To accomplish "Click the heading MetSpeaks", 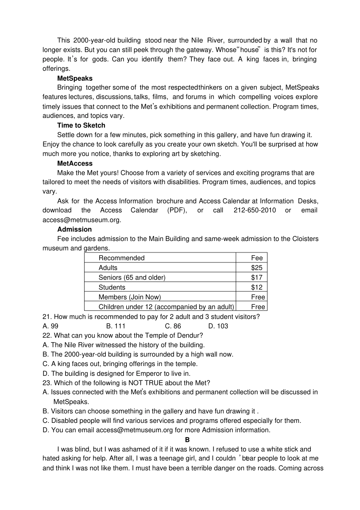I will (75, 78).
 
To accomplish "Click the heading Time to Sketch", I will (81, 125).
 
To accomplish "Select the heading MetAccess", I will (75, 163).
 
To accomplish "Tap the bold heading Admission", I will (74, 229).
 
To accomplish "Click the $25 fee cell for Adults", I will (257, 268).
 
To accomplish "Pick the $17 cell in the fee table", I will (257, 277).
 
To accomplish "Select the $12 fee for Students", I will (257, 287).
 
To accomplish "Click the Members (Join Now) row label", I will (130, 297).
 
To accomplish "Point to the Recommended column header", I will (121, 258).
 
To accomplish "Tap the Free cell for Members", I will (258, 297).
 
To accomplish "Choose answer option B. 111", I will (116, 326).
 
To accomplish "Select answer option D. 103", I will (218, 326).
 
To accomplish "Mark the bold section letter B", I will (187, 440).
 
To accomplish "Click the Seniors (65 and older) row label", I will (132, 277).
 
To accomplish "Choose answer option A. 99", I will (50, 326).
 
